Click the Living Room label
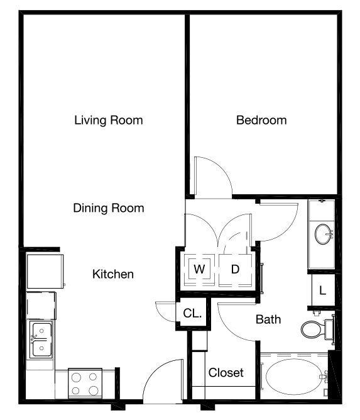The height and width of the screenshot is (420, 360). coord(109,120)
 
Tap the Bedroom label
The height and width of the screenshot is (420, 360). coord(261,120)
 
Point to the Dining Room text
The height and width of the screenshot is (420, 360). coord(109,208)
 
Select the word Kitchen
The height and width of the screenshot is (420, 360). coord(113,274)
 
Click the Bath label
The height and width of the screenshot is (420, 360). coord(268,319)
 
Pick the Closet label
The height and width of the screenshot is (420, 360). coord(226,372)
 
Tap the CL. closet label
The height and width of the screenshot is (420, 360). coord(192,313)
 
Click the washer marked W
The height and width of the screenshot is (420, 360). coord(199,269)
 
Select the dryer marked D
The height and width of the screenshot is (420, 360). coord(235,269)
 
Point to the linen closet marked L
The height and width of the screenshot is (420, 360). coord(323,290)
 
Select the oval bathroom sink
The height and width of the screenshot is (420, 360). coord(323,234)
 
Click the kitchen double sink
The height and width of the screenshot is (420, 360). coord(41,340)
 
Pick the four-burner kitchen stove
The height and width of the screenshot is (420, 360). coord(85,384)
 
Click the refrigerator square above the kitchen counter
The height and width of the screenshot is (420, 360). coord(45,271)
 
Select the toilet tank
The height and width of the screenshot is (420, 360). coord(329,329)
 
